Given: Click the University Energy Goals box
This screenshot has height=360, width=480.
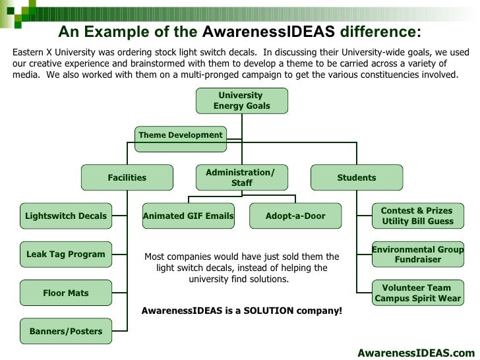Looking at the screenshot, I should [241, 100].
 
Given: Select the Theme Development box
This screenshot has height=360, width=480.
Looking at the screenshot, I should [180, 136].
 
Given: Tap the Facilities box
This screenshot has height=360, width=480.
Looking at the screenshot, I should [127, 177].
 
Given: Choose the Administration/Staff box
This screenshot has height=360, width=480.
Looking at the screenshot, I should [241, 177].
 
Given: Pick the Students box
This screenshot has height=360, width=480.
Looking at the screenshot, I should [357, 177].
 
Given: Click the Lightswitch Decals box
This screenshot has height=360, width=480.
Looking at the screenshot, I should [65, 216].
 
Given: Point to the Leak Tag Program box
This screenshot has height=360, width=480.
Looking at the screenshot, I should [65, 254].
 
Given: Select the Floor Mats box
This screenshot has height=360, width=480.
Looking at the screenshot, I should [65, 293].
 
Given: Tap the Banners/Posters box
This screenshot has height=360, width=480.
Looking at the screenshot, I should [65, 331].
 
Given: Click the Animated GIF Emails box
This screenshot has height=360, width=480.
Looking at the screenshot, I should [189, 216].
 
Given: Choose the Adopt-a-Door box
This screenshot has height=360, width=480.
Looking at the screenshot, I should [295, 216].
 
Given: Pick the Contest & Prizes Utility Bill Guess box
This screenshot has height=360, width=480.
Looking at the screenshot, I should [418, 216].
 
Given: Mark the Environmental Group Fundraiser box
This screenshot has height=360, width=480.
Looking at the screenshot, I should [418, 255].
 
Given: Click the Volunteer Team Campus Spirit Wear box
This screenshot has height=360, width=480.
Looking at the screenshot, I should [418, 293].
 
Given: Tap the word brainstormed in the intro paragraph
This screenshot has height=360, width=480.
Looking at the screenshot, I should [181, 63].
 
